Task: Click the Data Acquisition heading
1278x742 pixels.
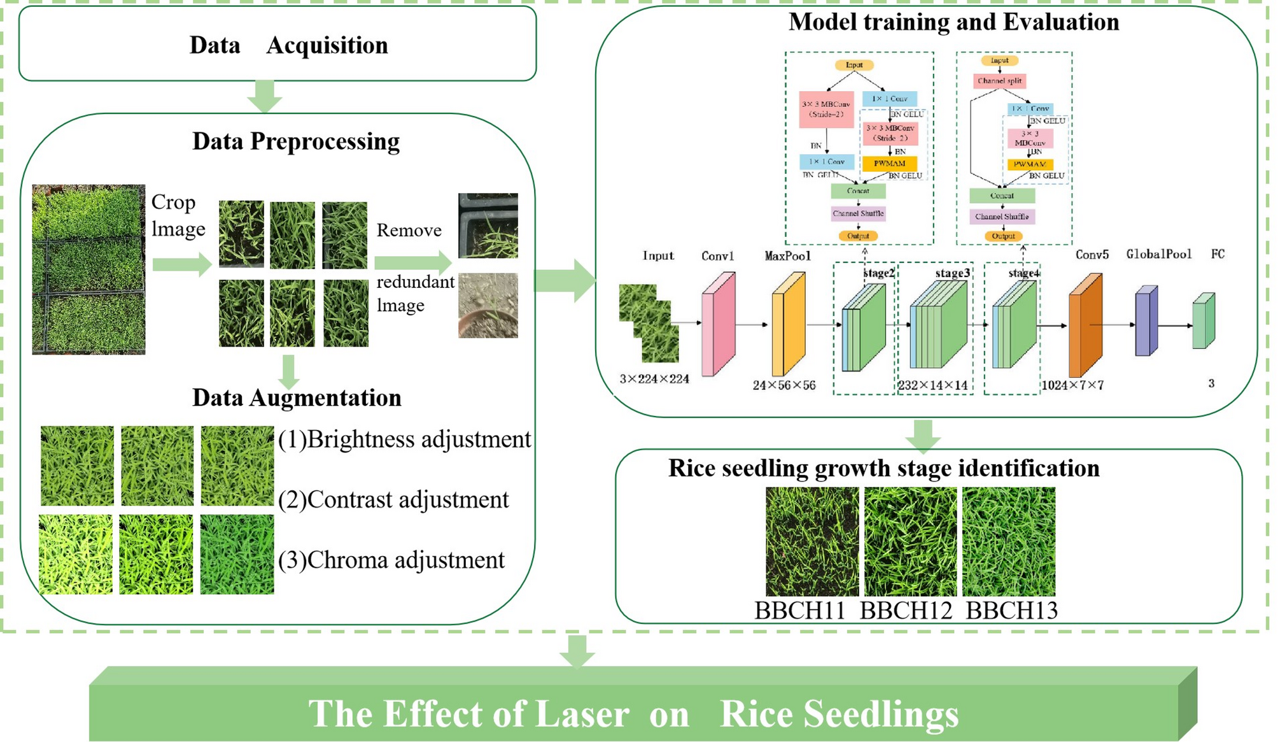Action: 288,45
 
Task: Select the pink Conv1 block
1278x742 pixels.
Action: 718,324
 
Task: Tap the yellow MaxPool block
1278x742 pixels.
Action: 788,324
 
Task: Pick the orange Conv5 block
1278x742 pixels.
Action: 1085,325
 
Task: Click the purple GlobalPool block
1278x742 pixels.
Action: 1146,320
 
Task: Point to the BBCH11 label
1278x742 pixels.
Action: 799,610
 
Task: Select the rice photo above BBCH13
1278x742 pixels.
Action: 1008,541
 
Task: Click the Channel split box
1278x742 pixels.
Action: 999,81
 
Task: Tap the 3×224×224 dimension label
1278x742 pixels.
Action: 654,379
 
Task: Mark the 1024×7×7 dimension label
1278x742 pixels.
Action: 1072,385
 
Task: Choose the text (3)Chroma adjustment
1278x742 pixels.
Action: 391,560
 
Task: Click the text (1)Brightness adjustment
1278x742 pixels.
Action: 404,439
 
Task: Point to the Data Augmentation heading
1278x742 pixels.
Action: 297,397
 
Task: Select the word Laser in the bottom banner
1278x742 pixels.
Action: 582,713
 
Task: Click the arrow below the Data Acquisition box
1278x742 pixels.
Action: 265,97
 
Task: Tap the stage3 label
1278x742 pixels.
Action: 952,273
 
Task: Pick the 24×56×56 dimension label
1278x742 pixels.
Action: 783,385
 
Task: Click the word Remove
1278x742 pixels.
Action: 409,230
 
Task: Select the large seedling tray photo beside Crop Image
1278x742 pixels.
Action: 88,269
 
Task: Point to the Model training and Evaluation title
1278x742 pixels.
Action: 953,22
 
